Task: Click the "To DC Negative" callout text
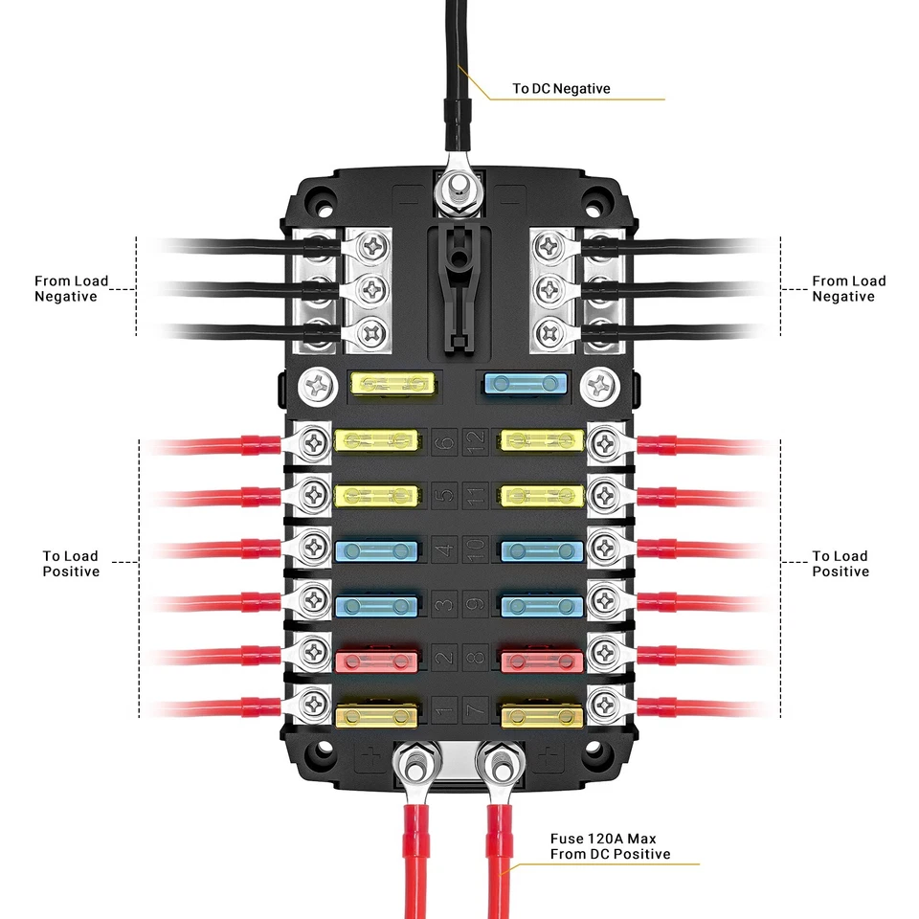[x=561, y=89]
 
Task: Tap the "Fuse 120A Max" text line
[x=603, y=839]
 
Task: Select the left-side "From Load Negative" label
[x=72, y=289]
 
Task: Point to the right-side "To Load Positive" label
[x=840, y=564]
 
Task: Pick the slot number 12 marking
[x=476, y=441]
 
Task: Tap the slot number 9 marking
[x=476, y=605]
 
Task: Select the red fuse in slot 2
[x=377, y=659]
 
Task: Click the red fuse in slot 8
[x=542, y=659]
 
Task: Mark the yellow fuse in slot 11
[x=542, y=495]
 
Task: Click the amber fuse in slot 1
[x=377, y=713]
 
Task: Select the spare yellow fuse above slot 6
[x=393, y=385]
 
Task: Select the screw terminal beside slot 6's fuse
[x=314, y=441]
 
